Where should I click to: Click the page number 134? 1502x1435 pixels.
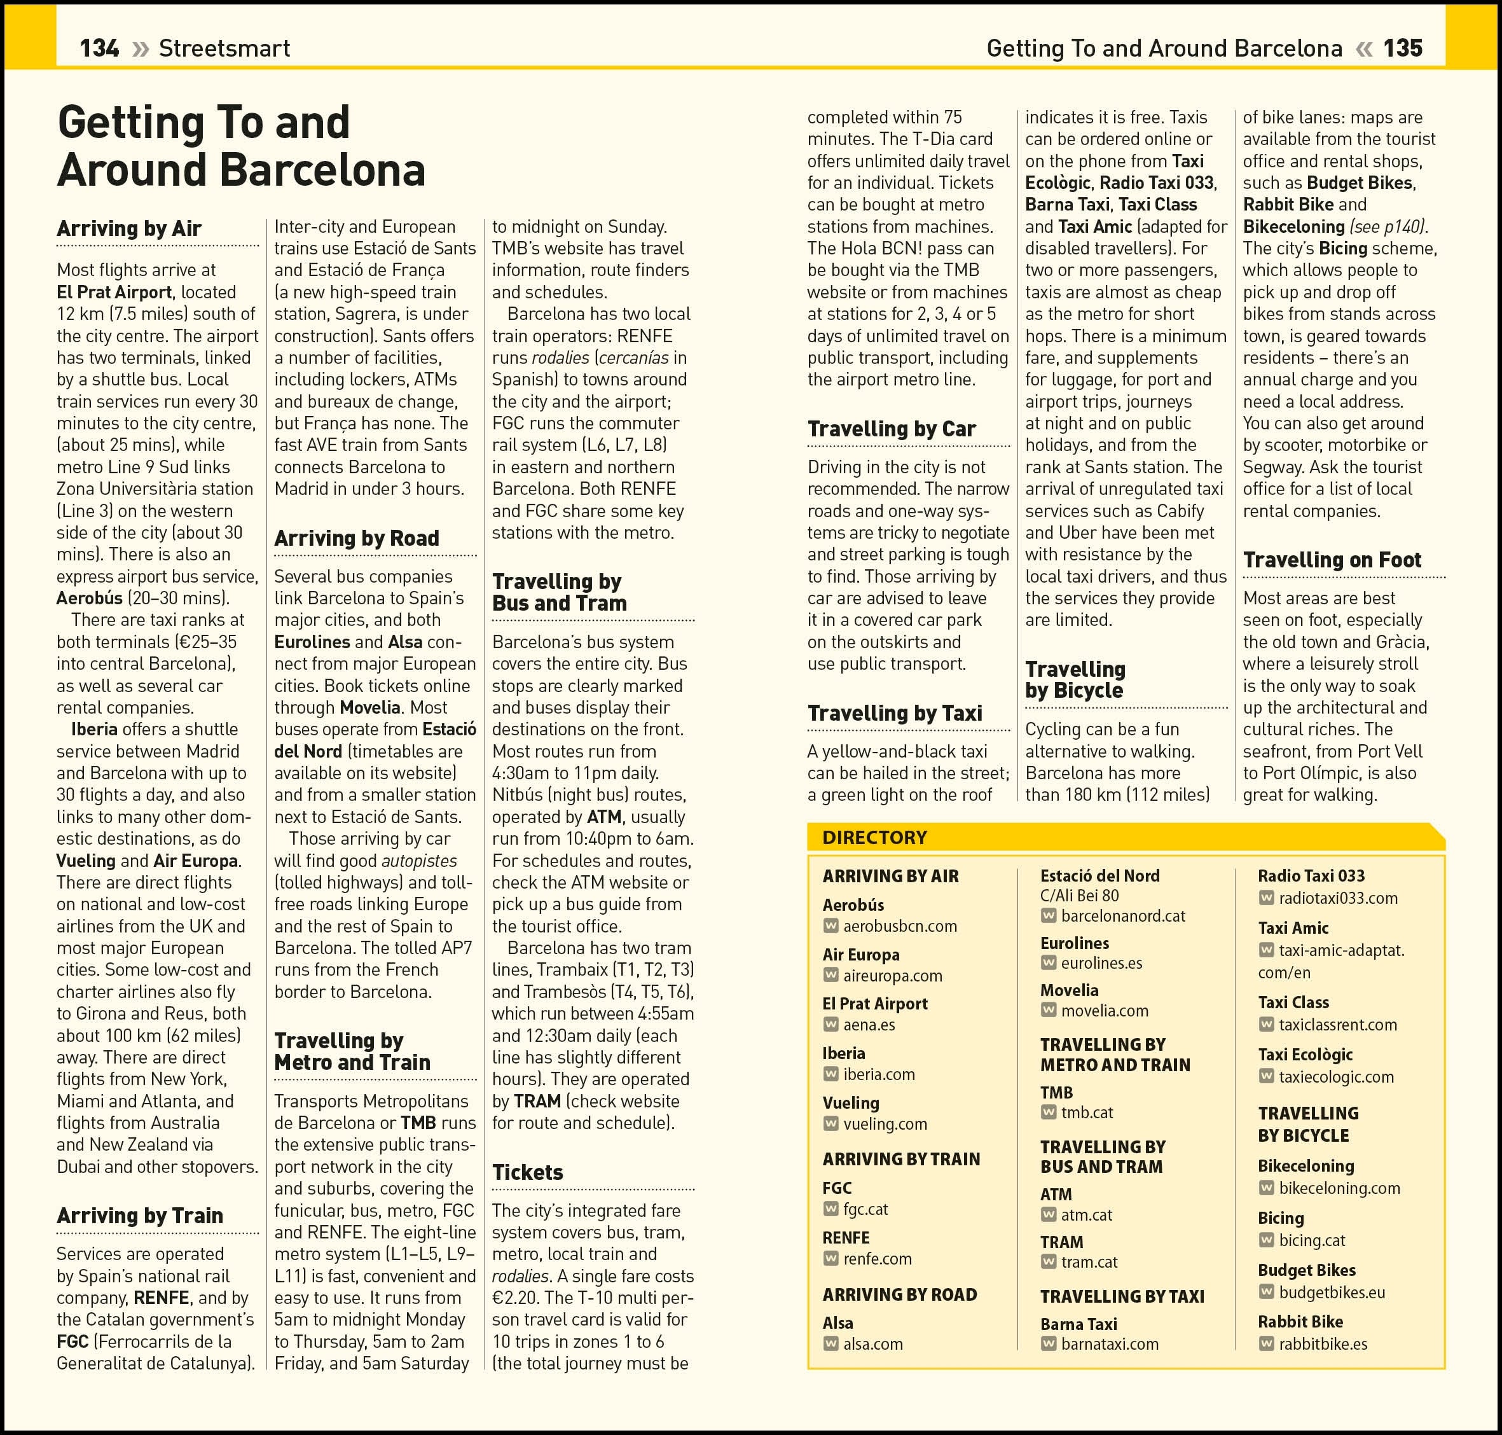pos(99,48)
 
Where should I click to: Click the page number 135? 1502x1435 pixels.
pos(1403,48)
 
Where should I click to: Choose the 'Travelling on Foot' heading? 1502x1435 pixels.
pos(1332,559)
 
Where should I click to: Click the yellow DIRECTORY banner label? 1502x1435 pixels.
pos(874,837)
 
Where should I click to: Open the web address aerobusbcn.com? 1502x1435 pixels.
pos(900,925)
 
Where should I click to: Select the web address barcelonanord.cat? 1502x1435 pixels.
pos(1122,915)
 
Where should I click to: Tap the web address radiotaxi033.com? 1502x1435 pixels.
pos(1339,898)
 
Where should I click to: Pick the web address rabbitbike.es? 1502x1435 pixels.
pos(1323,1344)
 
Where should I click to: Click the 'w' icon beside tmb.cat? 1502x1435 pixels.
pos(1049,1113)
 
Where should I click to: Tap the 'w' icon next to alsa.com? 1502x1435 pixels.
pos(830,1344)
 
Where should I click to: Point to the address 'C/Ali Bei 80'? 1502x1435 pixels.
pos(1079,896)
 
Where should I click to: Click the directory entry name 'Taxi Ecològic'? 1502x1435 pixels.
pos(1305,1054)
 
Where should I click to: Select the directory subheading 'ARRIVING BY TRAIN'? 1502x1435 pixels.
pos(901,1159)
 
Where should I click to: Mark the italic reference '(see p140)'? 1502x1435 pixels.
pos(1388,226)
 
